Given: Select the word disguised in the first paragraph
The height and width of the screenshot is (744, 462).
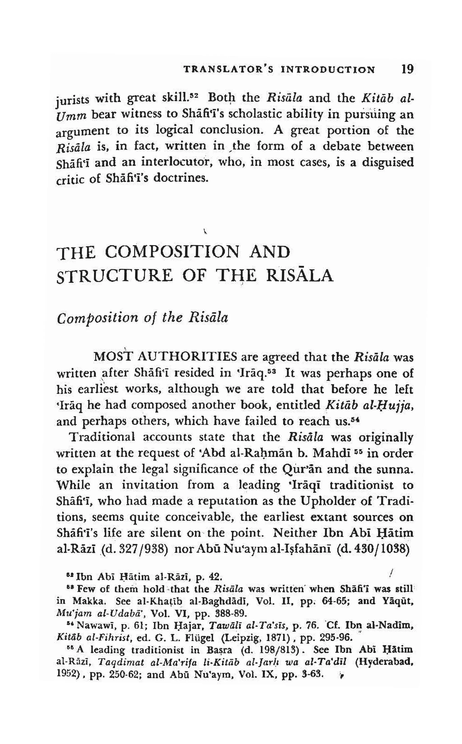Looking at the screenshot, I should (x=388, y=162).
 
